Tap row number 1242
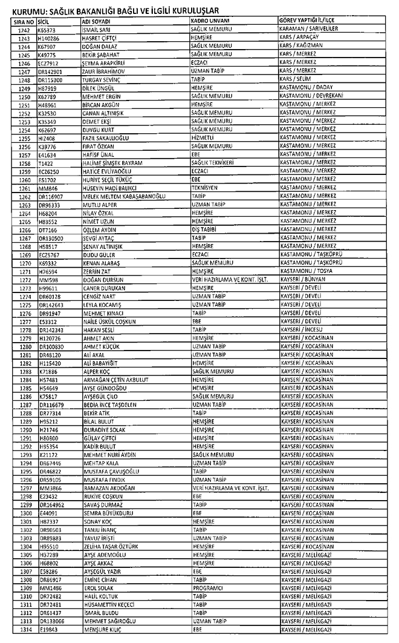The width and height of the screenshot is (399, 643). click(24, 29)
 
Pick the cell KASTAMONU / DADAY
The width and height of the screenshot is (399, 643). click(307, 87)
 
